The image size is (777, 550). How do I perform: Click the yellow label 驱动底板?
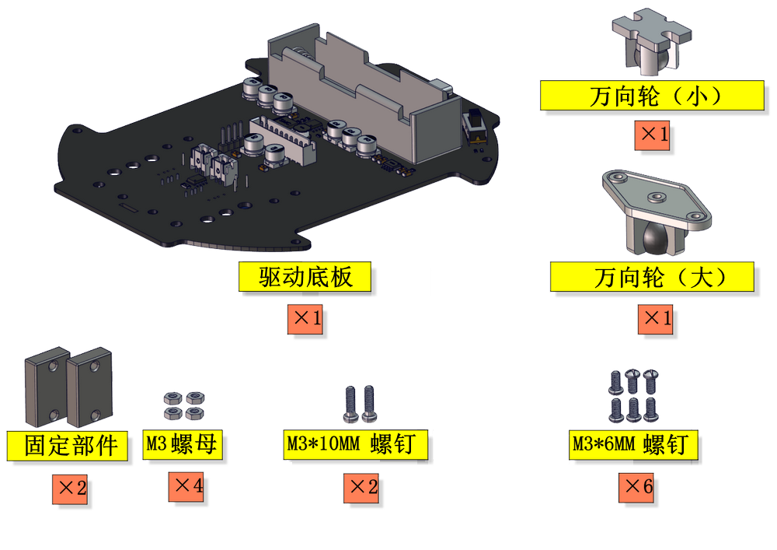305,276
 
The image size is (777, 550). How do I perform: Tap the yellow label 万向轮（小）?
652,95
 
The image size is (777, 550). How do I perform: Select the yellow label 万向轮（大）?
652,277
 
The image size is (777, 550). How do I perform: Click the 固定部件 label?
68,445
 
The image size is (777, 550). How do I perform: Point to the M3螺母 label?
183,444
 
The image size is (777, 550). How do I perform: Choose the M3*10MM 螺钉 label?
355,444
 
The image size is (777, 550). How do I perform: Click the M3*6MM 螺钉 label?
633,444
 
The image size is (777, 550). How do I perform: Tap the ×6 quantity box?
636,488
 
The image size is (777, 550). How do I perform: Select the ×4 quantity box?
186,486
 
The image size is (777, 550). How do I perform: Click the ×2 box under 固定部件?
70,489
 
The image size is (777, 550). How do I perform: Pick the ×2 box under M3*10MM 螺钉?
361,488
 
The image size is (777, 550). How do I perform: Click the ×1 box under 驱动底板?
305,319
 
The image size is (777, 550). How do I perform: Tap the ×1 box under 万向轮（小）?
653,135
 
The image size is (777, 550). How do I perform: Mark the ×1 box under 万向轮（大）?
655,319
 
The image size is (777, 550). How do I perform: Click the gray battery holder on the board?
364,96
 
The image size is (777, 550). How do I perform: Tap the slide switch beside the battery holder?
475,127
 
